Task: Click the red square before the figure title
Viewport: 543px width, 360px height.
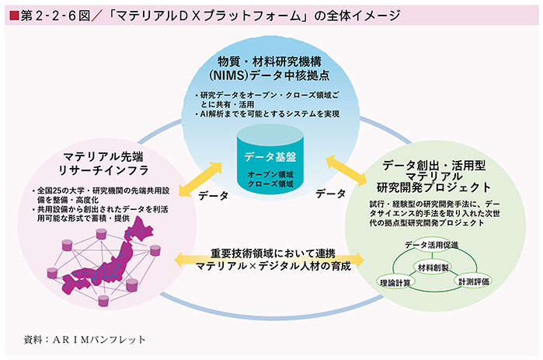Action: point(15,16)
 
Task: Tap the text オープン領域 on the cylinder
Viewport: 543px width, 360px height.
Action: point(270,174)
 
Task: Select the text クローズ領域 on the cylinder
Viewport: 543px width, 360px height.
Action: point(270,184)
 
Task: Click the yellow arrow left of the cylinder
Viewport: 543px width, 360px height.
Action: point(200,179)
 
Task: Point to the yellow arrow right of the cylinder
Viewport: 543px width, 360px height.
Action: point(346,170)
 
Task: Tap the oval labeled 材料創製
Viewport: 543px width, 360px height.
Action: point(433,267)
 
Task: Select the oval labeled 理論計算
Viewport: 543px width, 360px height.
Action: point(395,282)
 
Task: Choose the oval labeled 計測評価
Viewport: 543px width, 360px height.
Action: point(473,281)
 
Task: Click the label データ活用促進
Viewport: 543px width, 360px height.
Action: point(431,245)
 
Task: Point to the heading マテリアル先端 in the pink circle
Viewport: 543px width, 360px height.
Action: point(103,157)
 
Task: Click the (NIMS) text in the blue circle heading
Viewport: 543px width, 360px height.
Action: point(229,75)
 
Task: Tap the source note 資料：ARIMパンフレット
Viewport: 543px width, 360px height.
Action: point(85,340)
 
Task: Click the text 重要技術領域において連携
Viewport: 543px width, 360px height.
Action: point(273,253)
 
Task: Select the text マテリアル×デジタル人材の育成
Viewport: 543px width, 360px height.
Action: point(273,266)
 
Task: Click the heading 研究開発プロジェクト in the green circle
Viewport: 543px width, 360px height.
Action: point(433,187)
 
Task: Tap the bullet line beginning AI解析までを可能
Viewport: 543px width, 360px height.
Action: point(267,114)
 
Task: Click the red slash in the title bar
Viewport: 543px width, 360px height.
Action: point(97,16)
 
